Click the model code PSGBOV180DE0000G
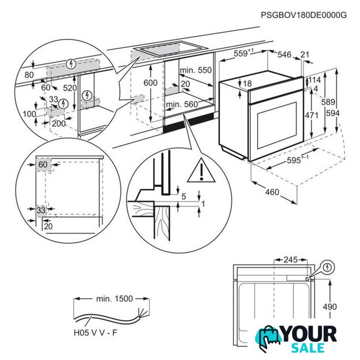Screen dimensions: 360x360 tap(304, 15)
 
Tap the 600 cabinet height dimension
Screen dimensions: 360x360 tap(150, 83)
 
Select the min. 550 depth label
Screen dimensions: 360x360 tap(196, 70)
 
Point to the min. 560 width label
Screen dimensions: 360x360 tap(182, 105)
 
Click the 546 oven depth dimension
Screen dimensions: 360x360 tap(284, 55)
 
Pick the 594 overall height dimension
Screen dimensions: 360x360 tap(333, 113)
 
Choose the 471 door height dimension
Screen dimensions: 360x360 tap(312, 115)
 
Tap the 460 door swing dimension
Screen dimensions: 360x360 tap(272, 192)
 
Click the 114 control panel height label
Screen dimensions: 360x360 tap(314, 80)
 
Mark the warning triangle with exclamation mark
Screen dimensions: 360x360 tap(201, 171)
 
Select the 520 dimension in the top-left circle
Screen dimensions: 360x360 tap(70, 88)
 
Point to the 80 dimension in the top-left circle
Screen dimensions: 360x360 tap(29, 75)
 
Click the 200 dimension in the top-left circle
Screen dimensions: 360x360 tap(58, 124)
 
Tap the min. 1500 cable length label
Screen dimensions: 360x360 tap(114, 299)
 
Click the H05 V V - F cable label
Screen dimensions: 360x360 tap(95, 332)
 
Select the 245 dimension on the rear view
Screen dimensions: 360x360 tap(291, 260)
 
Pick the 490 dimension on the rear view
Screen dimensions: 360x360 tap(330, 307)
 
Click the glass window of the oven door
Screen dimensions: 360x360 tap(277, 125)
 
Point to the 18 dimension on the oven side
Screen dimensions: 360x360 tap(247, 83)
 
